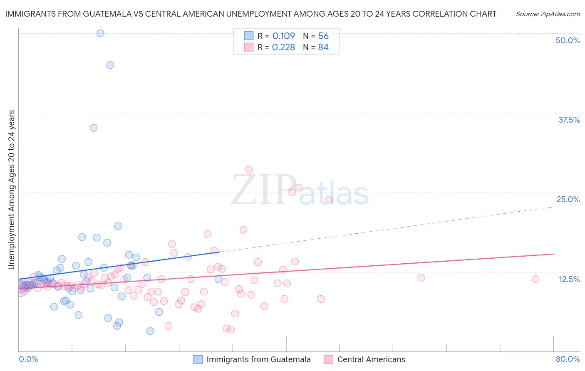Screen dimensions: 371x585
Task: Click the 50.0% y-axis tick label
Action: pyautogui.click(x=568, y=40)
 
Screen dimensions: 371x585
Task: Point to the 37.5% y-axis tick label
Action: pyautogui.click(x=568, y=120)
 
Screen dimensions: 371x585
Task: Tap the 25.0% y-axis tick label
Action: pyautogui.click(x=568, y=199)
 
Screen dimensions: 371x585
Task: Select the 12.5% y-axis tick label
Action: pyautogui.click(x=569, y=279)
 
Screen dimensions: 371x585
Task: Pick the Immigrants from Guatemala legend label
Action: pyautogui.click(x=258, y=360)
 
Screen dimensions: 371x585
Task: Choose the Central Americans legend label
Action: pyautogui.click(x=371, y=360)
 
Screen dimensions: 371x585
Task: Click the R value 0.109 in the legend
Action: pyautogui.click(x=283, y=36)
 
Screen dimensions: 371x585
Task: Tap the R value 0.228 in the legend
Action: pyautogui.click(x=283, y=47)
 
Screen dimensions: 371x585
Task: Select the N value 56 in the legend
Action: pyautogui.click(x=323, y=36)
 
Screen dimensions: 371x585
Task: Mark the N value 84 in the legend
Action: pyautogui.click(x=323, y=47)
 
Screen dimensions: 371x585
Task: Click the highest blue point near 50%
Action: pyautogui.click(x=100, y=33)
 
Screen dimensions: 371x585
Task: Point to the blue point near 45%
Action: pyautogui.click(x=110, y=65)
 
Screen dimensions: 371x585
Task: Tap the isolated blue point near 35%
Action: pyautogui.click(x=94, y=128)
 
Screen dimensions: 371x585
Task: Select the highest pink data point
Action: pyautogui.click(x=249, y=169)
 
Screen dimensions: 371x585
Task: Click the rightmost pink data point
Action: pyautogui.click(x=535, y=279)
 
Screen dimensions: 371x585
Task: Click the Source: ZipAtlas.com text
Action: pyautogui.click(x=548, y=14)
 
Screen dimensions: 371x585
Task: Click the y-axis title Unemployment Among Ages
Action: pyautogui.click(x=12, y=190)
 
